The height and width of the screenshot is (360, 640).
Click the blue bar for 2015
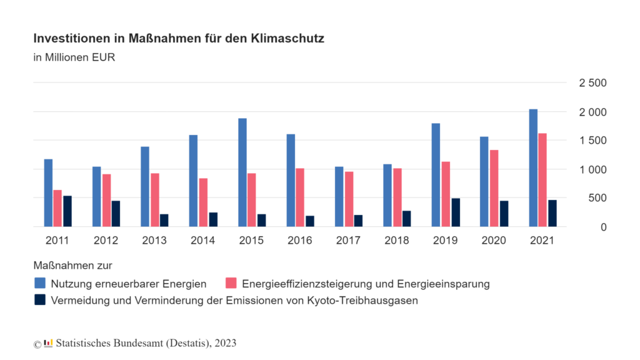tap(242, 172)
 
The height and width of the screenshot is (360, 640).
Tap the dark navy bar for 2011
tap(67, 211)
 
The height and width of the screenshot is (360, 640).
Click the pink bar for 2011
tap(57, 208)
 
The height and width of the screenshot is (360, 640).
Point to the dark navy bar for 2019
tap(456, 212)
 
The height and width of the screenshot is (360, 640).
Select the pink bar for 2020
tap(494, 188)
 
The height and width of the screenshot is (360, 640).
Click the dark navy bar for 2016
tap(310, 221)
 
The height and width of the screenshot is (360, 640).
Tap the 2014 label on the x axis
tap(202, 241)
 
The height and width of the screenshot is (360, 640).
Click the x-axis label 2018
tap(396, 241)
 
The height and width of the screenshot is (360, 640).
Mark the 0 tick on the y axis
tap(604, 227)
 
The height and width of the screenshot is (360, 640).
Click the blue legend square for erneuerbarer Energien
tap(40, 284)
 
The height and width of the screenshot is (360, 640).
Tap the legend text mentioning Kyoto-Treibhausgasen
tap(234, 300)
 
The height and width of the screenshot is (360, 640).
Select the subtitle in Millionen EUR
tap(74, 58)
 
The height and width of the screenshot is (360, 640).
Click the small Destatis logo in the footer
tap(48, 343)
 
